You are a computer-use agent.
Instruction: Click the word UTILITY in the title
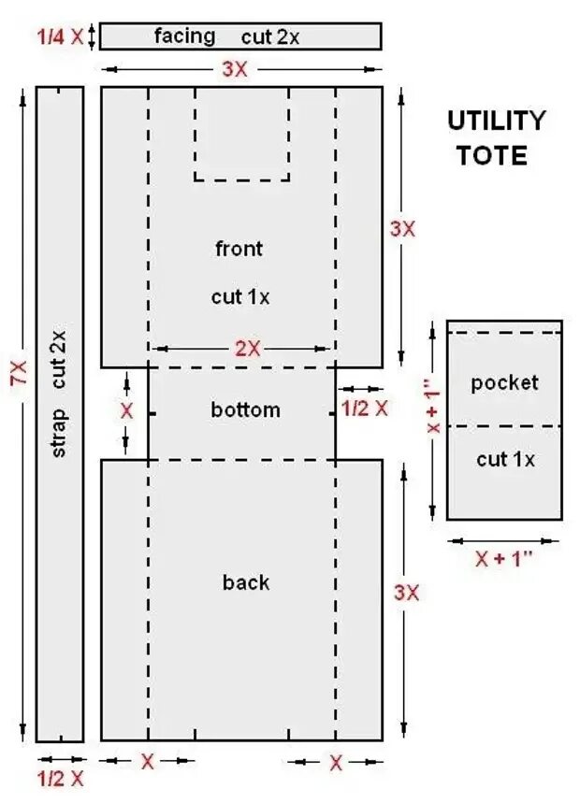tap(495, 121)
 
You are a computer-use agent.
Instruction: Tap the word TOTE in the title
tap(491, 154)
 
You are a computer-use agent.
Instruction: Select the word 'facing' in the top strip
tap(184, 36)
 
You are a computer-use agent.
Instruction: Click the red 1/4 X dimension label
tap(52, 36)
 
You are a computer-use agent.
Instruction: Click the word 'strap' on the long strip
tap(59, 433)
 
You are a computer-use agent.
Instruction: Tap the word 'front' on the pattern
tap(239, 249)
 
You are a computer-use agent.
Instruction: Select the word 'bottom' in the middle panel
tap(245, 409)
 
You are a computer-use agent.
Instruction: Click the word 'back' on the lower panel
tap(245, 582)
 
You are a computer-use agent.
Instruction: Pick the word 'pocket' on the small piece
tap(504, 382)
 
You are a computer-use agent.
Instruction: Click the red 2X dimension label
tap(248, 349)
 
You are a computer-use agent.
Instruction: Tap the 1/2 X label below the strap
tap(60, 778)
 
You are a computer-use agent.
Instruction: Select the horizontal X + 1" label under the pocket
tap(503, 559)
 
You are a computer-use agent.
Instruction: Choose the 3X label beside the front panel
tap(402, 228)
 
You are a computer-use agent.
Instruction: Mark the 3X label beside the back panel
tap(406, 593)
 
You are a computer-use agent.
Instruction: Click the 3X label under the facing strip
tap(234, 69)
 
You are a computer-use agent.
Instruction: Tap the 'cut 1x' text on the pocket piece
tap(505, 459)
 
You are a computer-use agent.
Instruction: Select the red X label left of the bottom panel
tap(127, 410)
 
